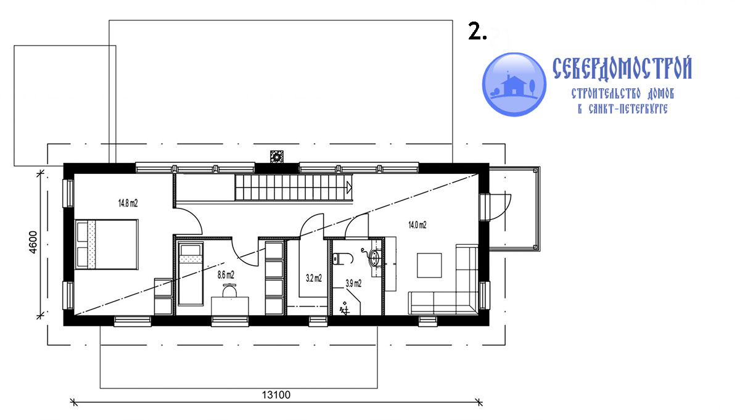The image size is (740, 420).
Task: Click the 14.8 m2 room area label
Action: click(x=128, y=203)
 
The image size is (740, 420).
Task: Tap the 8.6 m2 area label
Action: click(x=226, y=274)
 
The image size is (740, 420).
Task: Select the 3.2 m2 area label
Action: click(x=314, y=278)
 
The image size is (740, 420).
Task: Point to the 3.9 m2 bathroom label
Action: click(x=353, y=283)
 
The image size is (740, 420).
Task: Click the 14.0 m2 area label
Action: click(x=417, y=225)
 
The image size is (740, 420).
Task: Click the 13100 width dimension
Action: click(x=276, y=395)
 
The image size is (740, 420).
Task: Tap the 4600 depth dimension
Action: click(x=33, y=242)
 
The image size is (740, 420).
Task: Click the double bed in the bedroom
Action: click(x=106, y=244)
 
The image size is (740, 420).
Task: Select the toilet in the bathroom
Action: click(x=343, y=259)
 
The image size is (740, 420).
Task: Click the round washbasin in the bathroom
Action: click(x=375, y=257)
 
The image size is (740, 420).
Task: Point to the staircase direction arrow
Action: click(x=349, y=187)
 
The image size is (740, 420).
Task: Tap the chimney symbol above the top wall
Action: click(x=276, y=157)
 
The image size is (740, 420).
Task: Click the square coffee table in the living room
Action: click(x=429, y=265)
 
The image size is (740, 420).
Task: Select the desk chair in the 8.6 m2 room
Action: click(x=229, y=290)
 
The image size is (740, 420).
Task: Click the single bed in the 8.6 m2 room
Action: click(x=191, y=274)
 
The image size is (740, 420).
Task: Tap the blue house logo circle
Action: click(x=514, y=84)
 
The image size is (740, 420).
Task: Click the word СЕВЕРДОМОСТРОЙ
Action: click(x=622, y=68)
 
